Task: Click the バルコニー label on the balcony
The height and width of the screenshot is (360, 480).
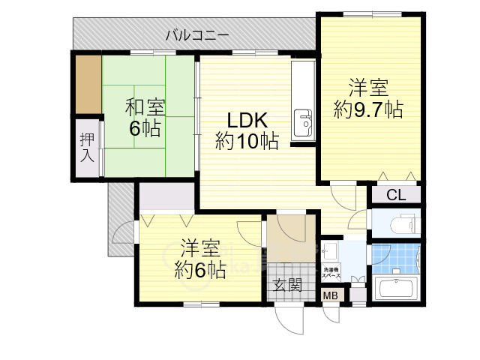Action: tap(196, 34)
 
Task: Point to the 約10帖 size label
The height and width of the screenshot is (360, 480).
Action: tap(247, 140)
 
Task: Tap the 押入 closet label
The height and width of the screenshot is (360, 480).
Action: tap(87, 148)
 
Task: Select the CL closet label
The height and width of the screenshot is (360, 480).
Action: tap(396, 196)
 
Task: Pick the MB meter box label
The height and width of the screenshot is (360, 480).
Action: tap(330, 295)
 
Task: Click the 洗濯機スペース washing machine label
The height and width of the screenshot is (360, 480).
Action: tap(331, 273)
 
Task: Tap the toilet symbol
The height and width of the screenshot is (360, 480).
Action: tap(395, 223)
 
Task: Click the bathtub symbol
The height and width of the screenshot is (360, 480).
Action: tap(395, 288)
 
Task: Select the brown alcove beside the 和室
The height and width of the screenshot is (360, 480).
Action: tap(88, 83)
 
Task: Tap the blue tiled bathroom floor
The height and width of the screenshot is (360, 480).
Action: tap(396, 259)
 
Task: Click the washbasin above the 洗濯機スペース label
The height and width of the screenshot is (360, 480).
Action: tap(331, 250)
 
